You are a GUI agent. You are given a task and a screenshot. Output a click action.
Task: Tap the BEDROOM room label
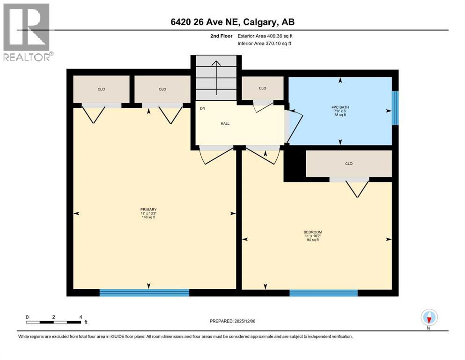point(312,232)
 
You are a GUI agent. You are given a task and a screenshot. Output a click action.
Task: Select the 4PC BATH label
point(340,107)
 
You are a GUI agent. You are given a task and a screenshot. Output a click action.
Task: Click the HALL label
point(225,124)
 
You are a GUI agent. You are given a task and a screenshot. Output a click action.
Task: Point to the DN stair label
point(202,108)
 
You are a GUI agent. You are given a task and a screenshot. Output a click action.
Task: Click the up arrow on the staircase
point(216,77)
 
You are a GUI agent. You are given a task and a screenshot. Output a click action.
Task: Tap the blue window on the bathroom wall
point(395,108)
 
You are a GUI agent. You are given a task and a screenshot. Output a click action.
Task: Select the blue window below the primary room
point(144,293)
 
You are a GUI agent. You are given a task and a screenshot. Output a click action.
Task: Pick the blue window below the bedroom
point(323,293)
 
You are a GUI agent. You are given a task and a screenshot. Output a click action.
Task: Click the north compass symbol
point(429,317)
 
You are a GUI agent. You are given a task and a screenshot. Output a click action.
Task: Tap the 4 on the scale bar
point(81,317)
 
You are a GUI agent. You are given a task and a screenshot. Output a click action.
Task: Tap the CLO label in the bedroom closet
point(348,164)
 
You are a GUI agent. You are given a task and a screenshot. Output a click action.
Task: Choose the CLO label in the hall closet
point(262,88)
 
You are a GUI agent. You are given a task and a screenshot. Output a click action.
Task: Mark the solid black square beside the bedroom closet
point(295,164)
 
